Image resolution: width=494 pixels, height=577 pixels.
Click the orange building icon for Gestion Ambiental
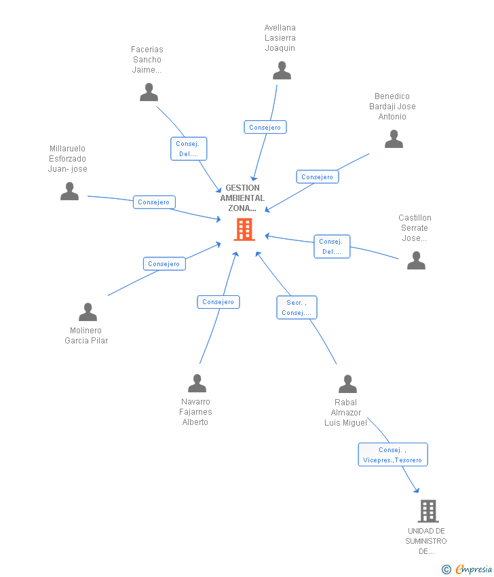pos(244,229)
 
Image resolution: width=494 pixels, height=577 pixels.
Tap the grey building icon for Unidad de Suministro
pos(428,511)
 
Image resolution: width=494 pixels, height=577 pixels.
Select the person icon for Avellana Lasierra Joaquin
pos(282,71)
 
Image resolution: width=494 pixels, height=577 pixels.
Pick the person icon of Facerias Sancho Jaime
pos(149,92)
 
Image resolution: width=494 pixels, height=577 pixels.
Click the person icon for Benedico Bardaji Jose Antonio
pos(394,138)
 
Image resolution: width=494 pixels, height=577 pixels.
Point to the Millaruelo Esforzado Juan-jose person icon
pos(69,191)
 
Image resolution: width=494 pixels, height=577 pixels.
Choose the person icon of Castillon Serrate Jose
pos(417,261)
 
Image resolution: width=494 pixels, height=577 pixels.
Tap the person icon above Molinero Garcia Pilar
pos(88,312)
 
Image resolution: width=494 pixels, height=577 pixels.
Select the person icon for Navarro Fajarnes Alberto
pos(197,383)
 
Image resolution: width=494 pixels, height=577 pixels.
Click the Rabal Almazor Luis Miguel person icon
pos(347,384)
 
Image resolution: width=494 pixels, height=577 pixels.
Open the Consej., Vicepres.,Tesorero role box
pos(393,454)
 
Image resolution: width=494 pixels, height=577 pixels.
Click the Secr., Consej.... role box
pos(297,308)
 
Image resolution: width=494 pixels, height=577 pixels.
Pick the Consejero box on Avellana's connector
pos(265,127)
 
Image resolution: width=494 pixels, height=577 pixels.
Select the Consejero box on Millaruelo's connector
pos(154,202)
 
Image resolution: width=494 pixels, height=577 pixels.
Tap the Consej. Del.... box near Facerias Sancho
pos(189,149)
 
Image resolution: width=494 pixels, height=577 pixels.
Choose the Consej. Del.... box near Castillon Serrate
pos(332,246)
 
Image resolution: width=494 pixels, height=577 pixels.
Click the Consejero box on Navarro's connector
pos(218,302)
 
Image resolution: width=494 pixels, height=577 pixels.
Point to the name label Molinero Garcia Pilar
pos(86,335)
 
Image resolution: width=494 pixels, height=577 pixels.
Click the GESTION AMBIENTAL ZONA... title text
pos(242,198)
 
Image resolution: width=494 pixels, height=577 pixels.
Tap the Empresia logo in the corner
pos(466,570)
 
